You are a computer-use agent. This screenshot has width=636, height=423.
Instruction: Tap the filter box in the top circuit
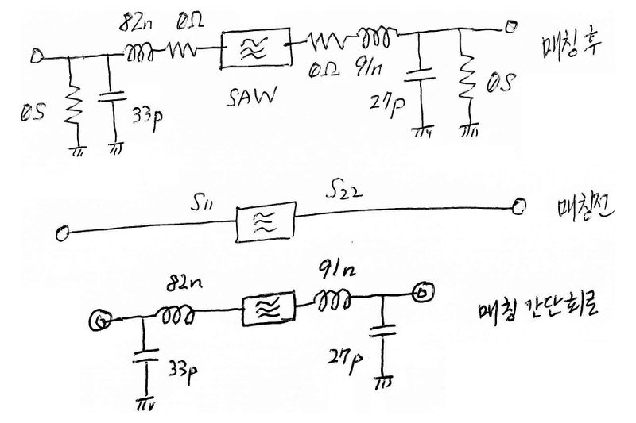(x=252, y=49)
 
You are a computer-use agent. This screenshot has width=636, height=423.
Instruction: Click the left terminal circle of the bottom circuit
(x=101, y=320)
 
